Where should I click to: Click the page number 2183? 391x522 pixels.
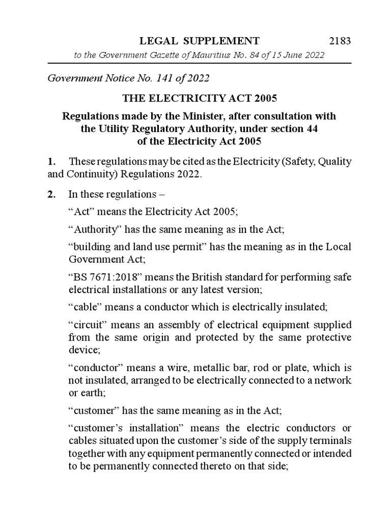click(337, 41)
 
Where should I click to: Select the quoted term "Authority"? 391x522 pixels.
click(91, 229)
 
